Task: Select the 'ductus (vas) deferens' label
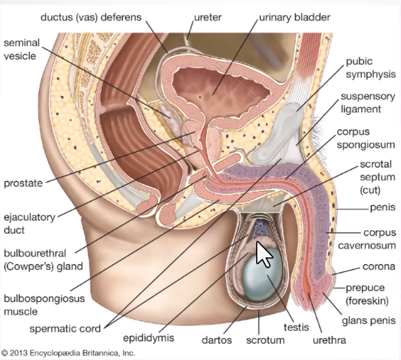(x=99, y=14)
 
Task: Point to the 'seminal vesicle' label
(x=22, y=49)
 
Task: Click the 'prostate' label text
(x=23, y=183)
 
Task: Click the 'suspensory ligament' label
(x=367, y=103)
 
